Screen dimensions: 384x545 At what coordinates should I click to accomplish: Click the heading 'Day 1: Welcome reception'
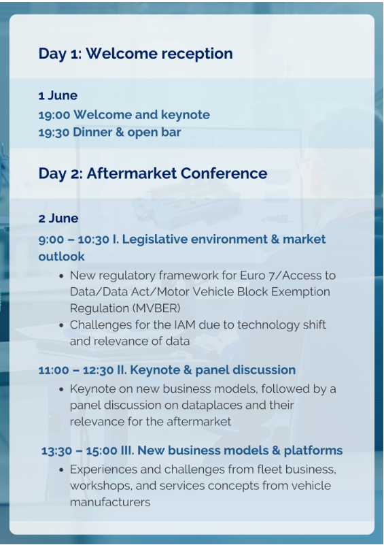135,54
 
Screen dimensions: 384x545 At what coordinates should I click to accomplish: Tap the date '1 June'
58,95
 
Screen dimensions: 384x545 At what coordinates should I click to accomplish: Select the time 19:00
54,115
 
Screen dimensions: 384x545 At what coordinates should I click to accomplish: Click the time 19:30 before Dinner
54,132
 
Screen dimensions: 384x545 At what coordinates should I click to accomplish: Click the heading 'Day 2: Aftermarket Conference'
153,173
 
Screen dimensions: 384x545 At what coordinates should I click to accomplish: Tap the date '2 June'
58,218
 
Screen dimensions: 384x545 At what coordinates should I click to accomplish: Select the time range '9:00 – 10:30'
73,239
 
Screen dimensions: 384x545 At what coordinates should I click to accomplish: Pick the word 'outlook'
61,257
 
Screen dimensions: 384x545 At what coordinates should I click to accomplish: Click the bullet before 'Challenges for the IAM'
61,326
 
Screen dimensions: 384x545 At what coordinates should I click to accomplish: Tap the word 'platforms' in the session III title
313,450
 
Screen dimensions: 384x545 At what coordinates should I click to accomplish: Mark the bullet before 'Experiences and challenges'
61,470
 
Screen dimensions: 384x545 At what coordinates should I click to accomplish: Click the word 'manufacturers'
110,502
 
